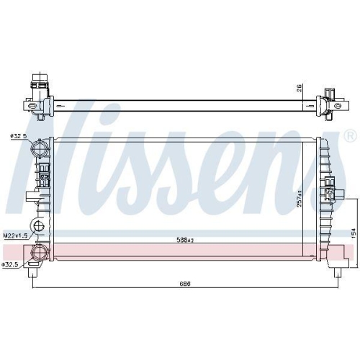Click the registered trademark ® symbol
350,135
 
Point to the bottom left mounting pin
33,271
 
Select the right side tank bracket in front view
333,187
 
